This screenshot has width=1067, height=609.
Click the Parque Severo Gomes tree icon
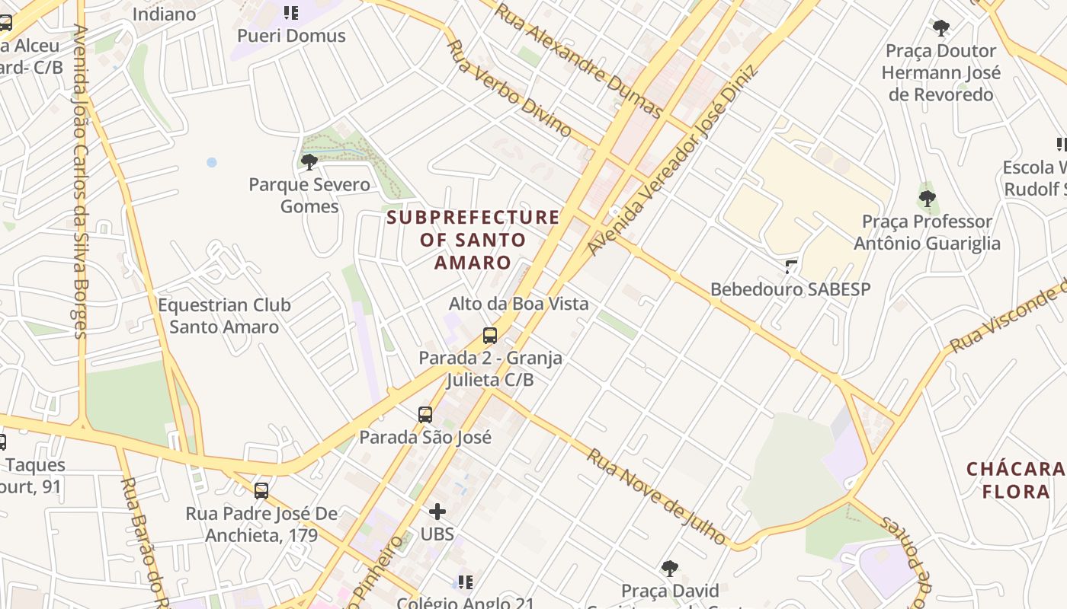coord(309,161)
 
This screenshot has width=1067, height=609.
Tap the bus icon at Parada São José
coord(425,415)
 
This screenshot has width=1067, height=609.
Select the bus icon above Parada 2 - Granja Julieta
coord(490,336)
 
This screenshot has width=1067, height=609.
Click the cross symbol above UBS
coord(437,512)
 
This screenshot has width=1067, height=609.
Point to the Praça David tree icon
coord(670,568)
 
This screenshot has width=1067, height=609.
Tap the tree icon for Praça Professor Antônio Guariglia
coord(927,199)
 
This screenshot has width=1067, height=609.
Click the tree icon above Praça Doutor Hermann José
coord(941,29)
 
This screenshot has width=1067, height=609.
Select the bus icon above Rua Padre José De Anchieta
coord(261,491)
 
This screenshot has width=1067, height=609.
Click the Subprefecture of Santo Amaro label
coord(473,240)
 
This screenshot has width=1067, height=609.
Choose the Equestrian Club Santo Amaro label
coord(224,316)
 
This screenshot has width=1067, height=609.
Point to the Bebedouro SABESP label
coord(790,289)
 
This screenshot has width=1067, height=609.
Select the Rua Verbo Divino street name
coord(508,88)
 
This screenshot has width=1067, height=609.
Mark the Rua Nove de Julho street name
coord(656,496)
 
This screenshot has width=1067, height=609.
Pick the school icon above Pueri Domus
coord(290,12)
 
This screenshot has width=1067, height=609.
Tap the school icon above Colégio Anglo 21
coord(465,582)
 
